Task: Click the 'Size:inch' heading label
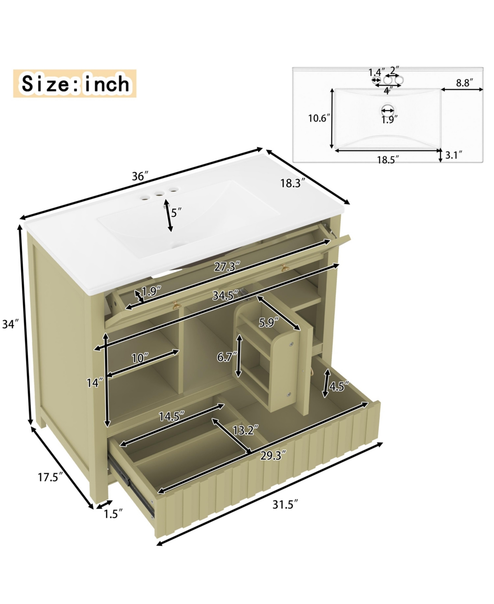point(75,84)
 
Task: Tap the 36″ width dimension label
point(140,176)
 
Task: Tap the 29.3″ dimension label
point(273,455)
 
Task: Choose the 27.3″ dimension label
point(227,267)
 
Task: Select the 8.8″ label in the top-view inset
point(464,82)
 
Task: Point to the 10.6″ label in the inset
point(319,118)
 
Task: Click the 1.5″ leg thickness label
point(113,514)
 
